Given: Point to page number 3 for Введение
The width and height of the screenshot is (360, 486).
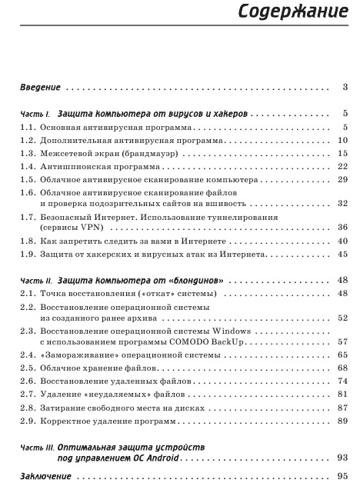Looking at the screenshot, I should pos(346,86).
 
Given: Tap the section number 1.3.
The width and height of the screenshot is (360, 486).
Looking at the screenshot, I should pos(28,154).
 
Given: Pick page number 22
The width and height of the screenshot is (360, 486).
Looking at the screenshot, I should pos(343,166).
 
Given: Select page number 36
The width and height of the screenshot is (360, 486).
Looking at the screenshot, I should pos(343,228).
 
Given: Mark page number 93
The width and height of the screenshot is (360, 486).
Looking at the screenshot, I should pos(343,458).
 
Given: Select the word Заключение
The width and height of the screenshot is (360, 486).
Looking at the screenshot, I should pos(43,476).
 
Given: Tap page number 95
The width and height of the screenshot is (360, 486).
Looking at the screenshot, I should pos(343,476).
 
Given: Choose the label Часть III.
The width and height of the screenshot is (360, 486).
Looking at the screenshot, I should pos(35,447).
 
